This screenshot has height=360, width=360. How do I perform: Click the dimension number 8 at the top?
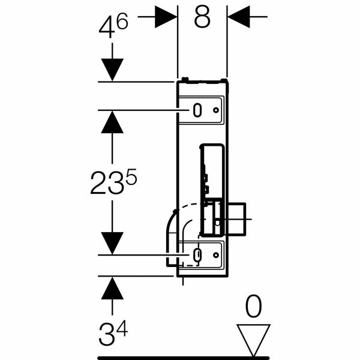pyautogui.click(x=202, y=16)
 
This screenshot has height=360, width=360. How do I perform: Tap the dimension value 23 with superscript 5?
pyautogui.click(x=113, y=182)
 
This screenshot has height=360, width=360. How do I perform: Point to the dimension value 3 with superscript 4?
pyautogui.click(x=113, y=332)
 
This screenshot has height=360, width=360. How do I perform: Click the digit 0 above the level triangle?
pyautogui.click(x=253, y=306)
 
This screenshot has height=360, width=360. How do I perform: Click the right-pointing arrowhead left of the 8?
pyautogui.click(x=166, y=17)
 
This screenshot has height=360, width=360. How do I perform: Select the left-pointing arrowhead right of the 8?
pyautogui.click(x=239, y=17)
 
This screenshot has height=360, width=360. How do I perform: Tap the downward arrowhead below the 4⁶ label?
pyautogui.click(x=112, y=70)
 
